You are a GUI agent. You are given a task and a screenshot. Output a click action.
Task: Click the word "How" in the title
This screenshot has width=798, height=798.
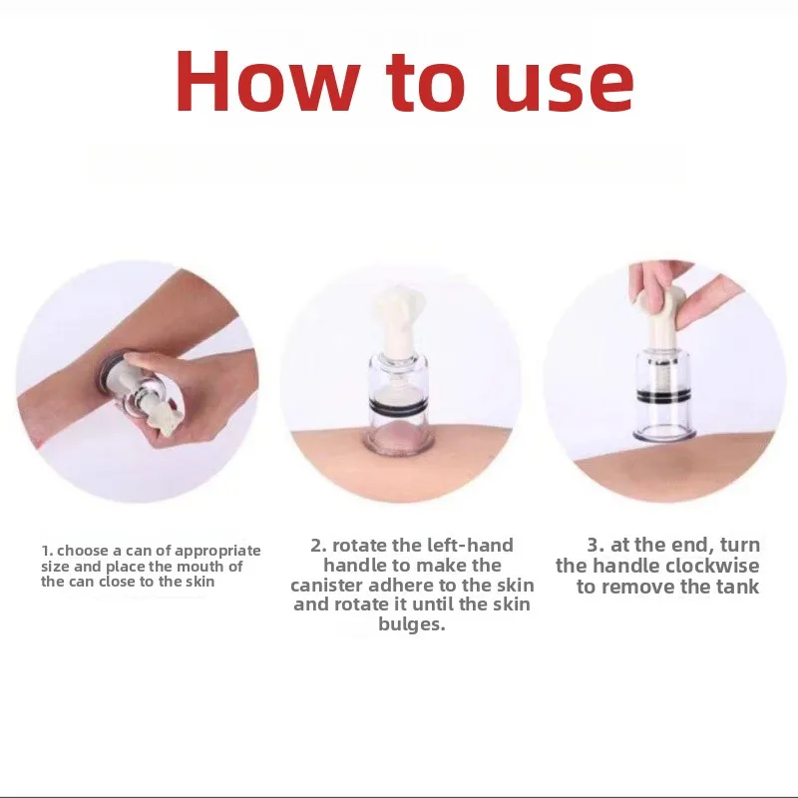(x=265, y=82)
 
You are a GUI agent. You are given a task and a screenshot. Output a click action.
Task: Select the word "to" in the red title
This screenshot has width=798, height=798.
(x=425, y=83)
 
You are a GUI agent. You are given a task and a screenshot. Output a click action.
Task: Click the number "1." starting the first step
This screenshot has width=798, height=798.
(x=47, y=551)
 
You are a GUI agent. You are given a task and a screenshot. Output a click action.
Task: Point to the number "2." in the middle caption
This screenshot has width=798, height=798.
(x=318, y=545)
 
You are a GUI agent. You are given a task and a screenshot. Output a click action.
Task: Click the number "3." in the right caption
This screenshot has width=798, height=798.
(x=595, y=545)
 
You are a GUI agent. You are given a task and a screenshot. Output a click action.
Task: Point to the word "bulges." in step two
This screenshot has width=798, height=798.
(x=412, y=625)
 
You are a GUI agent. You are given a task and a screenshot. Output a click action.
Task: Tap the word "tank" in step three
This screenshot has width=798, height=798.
(x=738, y=587)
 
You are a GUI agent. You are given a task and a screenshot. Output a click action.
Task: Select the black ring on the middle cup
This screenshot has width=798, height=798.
(x=398, y=406)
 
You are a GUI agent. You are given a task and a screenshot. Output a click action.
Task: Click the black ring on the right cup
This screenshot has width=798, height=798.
(x=663, y=395)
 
